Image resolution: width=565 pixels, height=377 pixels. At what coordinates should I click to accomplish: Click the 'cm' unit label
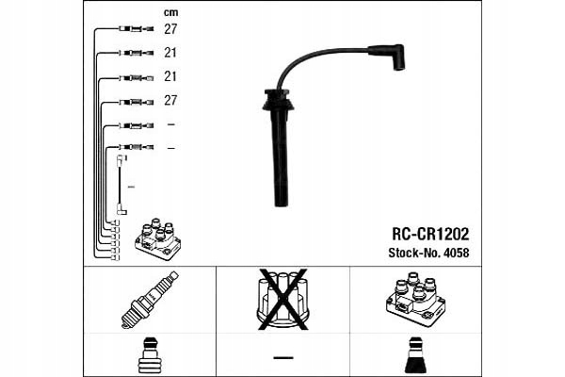pos(170,12)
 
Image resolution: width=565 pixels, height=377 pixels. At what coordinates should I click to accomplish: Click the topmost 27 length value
pos(170,29)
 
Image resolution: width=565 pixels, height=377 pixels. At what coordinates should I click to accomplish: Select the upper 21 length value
pos(170,53)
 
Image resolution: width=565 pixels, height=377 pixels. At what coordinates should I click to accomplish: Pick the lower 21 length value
pos(170,76)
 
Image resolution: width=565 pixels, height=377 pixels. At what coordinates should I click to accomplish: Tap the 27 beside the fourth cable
pos(170,100)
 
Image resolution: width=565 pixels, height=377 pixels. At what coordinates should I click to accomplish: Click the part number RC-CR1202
pos(430,234)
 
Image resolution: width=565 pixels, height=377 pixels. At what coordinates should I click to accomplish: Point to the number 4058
pos(457,253)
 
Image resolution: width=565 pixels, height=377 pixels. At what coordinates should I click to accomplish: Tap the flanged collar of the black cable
pos(279,100)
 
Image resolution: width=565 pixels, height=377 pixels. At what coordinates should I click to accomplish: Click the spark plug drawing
pos(150,300)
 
